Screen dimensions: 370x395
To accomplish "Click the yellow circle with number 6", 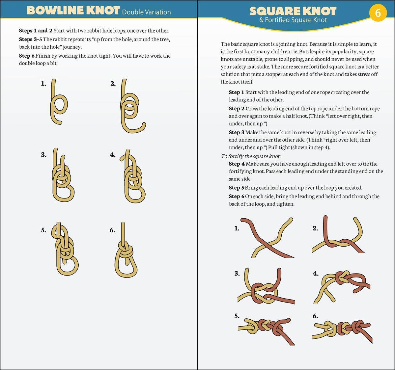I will coord(378,13).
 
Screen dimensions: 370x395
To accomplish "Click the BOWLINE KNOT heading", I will coord(73,11).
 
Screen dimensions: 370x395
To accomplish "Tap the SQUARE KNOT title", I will coord(293,11).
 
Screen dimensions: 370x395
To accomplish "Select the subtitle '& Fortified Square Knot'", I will coord(293,20).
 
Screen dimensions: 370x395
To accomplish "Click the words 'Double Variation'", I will coord(146,12).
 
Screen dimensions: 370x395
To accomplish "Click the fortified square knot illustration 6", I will coord(343,329).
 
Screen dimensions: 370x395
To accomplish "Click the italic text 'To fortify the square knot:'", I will coord(251,156).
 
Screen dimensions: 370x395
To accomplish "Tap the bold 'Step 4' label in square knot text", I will coord(237,164).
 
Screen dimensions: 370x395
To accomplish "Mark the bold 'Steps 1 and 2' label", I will coord(36,31).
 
